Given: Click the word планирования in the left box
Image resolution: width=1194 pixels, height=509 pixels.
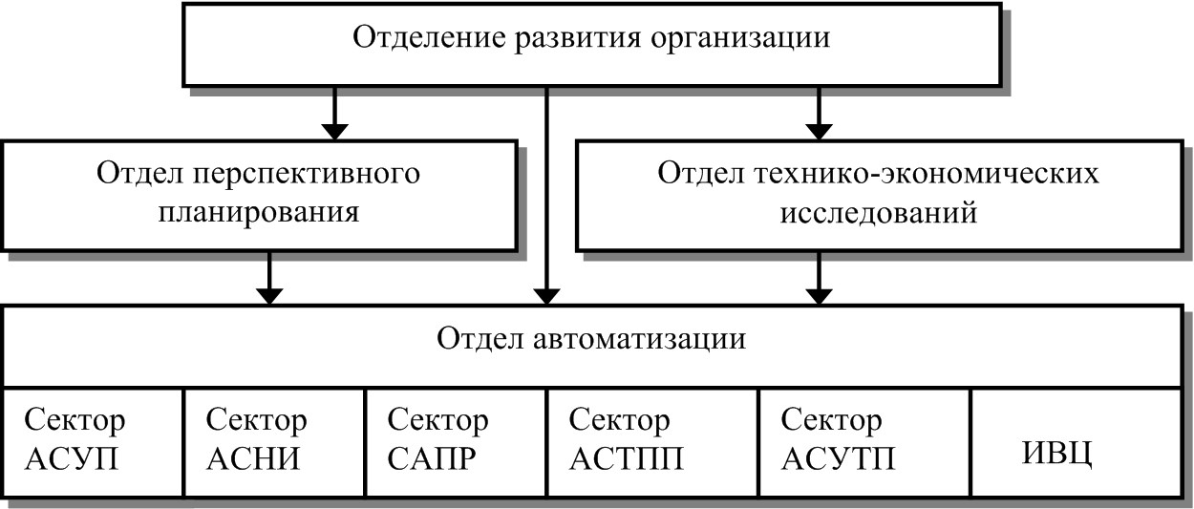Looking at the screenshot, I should [x=259, y=211].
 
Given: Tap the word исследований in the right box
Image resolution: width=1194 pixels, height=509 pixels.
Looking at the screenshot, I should [x=878, y=211].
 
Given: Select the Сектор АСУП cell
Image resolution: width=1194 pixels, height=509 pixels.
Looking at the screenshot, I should [x=92, y=440].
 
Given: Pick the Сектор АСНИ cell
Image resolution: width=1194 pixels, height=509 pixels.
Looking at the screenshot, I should [x=274, y=440].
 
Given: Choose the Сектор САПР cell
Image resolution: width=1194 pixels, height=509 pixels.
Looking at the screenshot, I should [x=456, y=440].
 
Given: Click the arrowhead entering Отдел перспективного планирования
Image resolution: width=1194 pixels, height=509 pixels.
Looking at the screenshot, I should [x=333, y=128].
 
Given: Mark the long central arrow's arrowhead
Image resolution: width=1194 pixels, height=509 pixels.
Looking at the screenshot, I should [x=546, y=294].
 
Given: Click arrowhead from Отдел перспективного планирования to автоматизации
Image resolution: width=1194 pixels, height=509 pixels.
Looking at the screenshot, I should [x=271, y=294].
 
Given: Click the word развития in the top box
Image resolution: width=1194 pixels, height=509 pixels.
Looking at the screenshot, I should [x=569, y=38].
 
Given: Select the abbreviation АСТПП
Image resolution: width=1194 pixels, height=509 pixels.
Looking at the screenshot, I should [x=627, y=459].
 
